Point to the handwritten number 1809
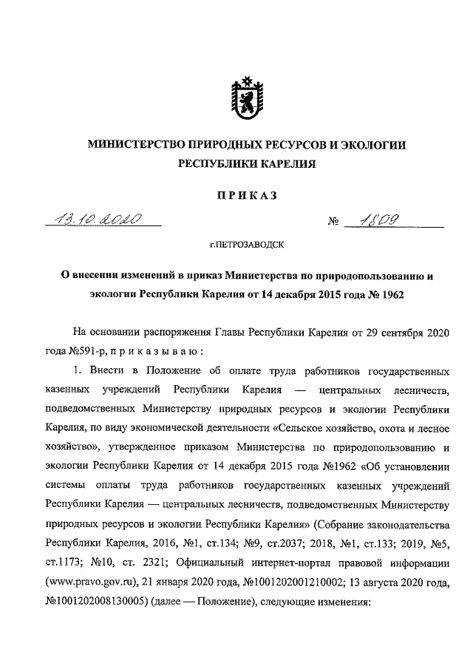point(384,220)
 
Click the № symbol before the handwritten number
point(333,222)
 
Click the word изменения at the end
point(342,602)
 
